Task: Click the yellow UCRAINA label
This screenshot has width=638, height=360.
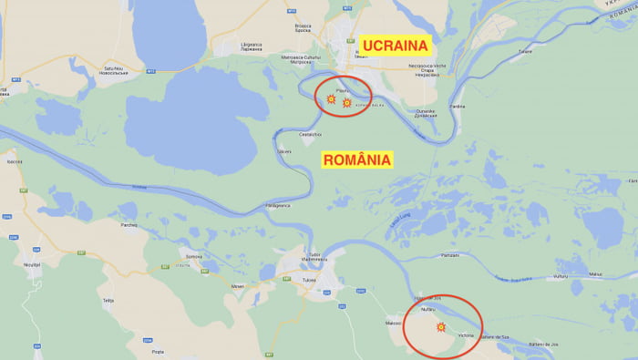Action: pyautogui.click(x=396, y=46)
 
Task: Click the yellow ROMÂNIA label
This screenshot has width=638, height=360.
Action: pyautogui.click(x=357, y=159)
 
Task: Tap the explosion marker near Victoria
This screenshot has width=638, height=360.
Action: pyautogui.click(x=442, y=326)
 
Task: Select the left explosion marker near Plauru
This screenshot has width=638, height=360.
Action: pyautogui.click(x=331, y=98)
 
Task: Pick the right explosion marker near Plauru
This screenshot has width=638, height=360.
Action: pyautogui.click(x=347, y=103)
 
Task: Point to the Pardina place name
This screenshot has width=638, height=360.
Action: pyautogui.click(x=458, y=106)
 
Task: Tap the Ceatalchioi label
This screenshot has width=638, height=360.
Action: pyautogui.click(x=311, y=134)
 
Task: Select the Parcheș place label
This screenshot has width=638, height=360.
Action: pyautogui.click(x=129, y=225)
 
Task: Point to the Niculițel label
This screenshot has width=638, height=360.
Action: pyautogui.click(x=33, y=264)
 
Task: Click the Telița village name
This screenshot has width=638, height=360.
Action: pyautogui.click(x=108, y=299)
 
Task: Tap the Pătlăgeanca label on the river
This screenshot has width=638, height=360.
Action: pyautogui.click(x=277, y=205)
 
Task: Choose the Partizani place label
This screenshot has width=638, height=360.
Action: pyautogui.click(x=449, y=255)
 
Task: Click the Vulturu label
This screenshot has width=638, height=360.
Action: pyautogui.click(x=561, y=274)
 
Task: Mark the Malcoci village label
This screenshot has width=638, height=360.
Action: pyautogui.click(x=395, y=321)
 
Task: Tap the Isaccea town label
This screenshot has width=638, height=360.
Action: pyautogui.click(x=14, y=161)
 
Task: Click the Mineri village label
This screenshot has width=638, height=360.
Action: pyautogui.click(x=238, y=286)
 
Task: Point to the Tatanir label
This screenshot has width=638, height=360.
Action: pyautogui.click(x=525, y=51)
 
